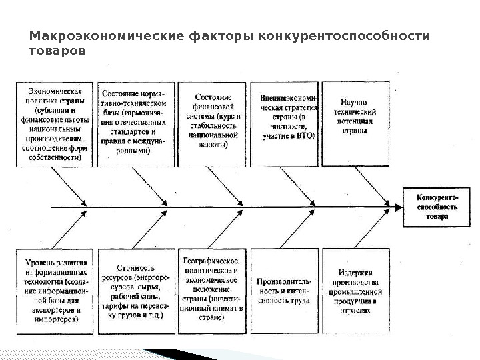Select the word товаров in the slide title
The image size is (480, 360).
(57, 50)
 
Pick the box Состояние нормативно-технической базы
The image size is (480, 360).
(135, 124)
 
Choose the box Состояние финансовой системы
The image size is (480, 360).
(209, 124)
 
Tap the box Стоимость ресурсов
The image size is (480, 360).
(135, 291)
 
